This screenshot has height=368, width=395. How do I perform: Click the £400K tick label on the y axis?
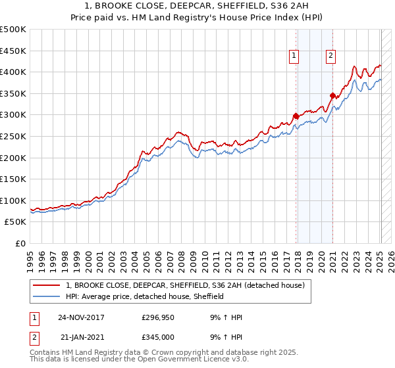[x=13, y=72]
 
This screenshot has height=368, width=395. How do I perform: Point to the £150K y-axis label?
[x=13, y=179]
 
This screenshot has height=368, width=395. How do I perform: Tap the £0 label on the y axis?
[x=20, y=243]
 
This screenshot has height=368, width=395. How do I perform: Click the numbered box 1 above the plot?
[x=293, y=56]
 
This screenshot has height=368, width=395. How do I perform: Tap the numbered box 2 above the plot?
[x=330, y=56]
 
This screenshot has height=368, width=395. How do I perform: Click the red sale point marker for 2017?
[x=296, y=116]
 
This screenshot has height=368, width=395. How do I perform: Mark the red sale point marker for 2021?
[x=332, y=96]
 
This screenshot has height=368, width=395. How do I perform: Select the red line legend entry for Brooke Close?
[x=185, y=285]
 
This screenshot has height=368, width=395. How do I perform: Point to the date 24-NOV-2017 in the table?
[x=81, y=317]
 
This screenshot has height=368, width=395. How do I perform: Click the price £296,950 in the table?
[x=157, y=317]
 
